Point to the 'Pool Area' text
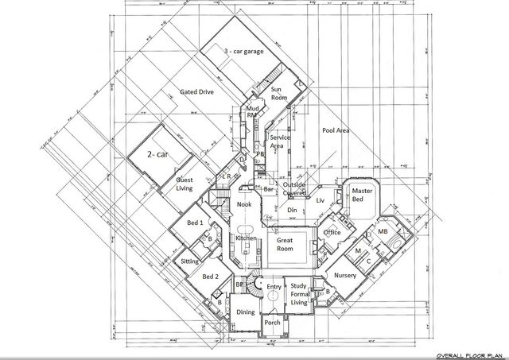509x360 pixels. click(337, 130)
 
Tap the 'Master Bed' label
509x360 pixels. click(363, 195)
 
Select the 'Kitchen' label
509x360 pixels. click(245, 238)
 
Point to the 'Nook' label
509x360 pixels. click(244, 205)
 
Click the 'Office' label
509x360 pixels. click(332, 232)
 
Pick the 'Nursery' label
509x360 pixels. click(344, 275)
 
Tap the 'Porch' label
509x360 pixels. click(272, 323)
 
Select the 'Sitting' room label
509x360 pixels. click(190, 261)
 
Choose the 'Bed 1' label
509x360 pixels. click(195, 223)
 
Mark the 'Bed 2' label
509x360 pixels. click(210, 277)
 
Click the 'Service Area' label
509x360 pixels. click(278, 141)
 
